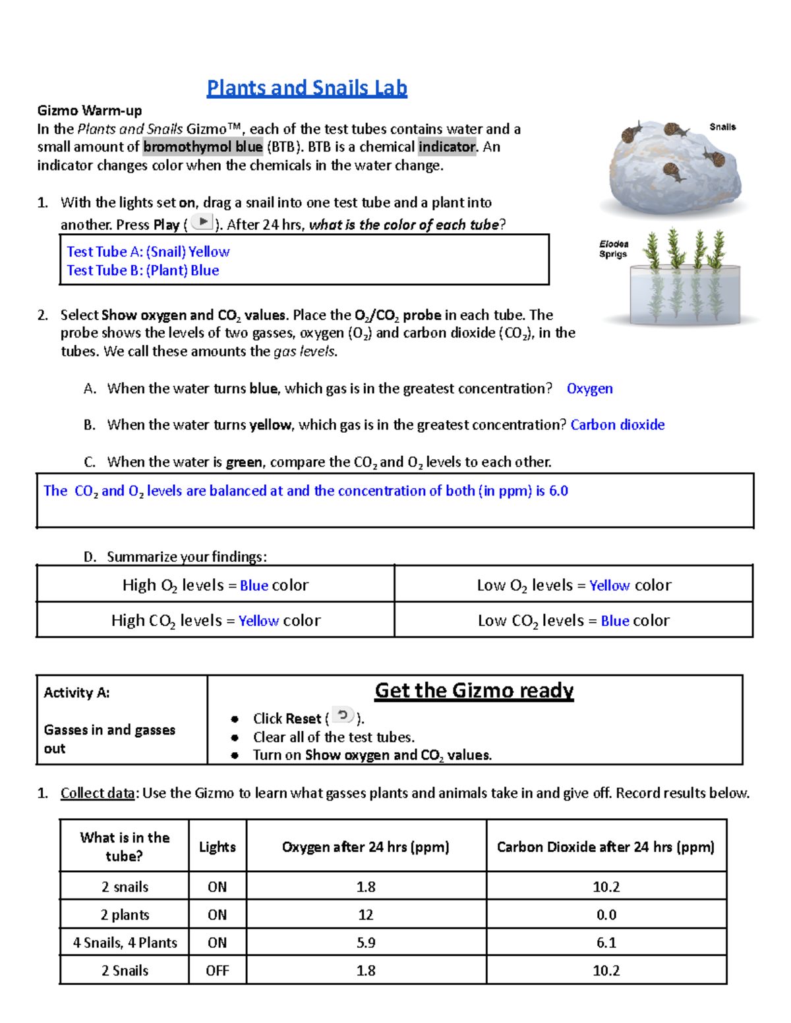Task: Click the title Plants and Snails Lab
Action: [307, 88]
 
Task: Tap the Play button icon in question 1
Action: [202, 223]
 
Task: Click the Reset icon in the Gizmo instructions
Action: [342, 716]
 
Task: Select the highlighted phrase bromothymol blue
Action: [203, 147]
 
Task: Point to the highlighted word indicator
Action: [447, 147]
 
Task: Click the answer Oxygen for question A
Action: [589, 389]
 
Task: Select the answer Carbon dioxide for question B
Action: [617, 425]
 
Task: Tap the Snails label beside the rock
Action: [722, 126]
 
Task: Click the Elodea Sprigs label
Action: [613, 249]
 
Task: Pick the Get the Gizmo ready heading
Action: [474, 690]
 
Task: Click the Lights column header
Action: [217, 847]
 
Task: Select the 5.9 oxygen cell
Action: [366, 943]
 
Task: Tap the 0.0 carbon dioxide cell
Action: [606, 915]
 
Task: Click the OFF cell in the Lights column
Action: [217, 970]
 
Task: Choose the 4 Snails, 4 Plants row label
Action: [125, 943]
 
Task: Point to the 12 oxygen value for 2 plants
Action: [366, 915]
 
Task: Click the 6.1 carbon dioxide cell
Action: [606, 943]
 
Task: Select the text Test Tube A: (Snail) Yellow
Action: [148, 252]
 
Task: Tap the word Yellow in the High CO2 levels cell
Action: [258, 621]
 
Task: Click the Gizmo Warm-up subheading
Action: [90, 110]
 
